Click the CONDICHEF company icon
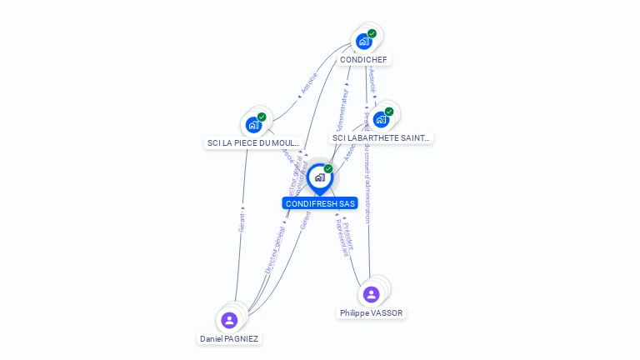[363, 41]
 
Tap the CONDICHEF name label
[363, 59]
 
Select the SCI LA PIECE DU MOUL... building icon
[253, 125]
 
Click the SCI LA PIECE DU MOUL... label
[253, 142]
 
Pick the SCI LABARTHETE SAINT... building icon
[381, 119]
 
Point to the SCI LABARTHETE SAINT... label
[382, 137]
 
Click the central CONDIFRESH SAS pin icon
[319, 177]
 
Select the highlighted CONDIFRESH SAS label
[320, 203]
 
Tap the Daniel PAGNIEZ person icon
[229, 320]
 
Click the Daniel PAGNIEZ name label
[229, 338]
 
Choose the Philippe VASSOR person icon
[372, 294]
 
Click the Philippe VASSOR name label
[372, 312]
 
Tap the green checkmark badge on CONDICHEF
[372, 33]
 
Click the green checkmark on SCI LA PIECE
[262, 117]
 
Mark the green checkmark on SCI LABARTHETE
[389, 112]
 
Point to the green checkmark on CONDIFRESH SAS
[328, 169]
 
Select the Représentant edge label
[340, 238]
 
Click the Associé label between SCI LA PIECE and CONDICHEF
[308, 84]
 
